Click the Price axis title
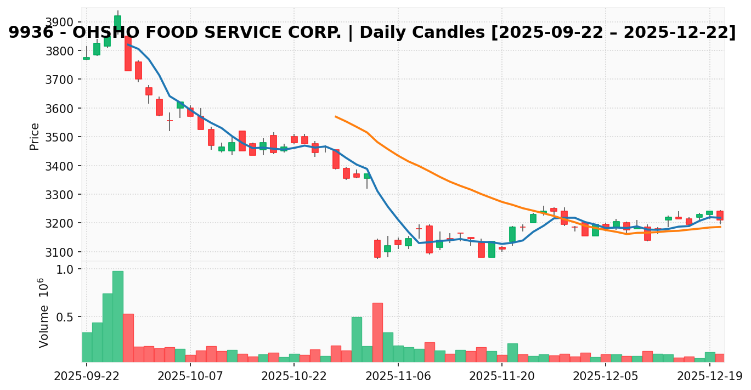pyautogui.click(x=35, y=136)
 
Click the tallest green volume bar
pyautogui.click(x=117, y=316)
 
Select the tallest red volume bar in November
pyautogui.click(x=377, y=332)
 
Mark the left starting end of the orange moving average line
pyautogui.click(x=335, y=116)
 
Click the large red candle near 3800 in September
pyautogui.click(x=128, y=54)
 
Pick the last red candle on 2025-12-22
pyautogui.click(x=720, y=216)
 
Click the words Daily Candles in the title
pyautogui.click(x=409, y=33)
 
